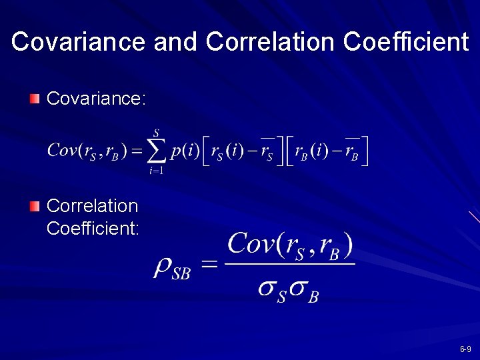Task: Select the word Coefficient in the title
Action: pyautogui.click(x=405, y=42)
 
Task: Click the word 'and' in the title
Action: pyautogui.click(x=175, y=42)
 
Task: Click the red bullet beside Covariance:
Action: pyautogui.click(x=35, y=99)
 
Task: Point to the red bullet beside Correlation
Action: pyautogui.click(x=35, y=206)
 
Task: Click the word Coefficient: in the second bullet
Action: pyautogui.click(x=93, y=229)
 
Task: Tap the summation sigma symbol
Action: pyautogui.click(x=157, y=152)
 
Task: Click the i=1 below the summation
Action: pyautogui.click(x=157, y=171)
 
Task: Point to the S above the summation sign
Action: pyautogui.click(x=156, y=133)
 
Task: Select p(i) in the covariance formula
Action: pyautogui.click(x=185, y=151)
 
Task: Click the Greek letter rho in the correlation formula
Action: pyautogui.click(x=163, y=267)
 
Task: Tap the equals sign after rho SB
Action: pyautogui.click(x=209, y=265)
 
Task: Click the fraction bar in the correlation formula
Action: pyautogui.click(x=290, y=264)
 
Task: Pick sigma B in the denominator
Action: pyautogui.click(x=303, y=290)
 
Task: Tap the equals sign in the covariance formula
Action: pyautogui.click(x=135, y=152)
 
